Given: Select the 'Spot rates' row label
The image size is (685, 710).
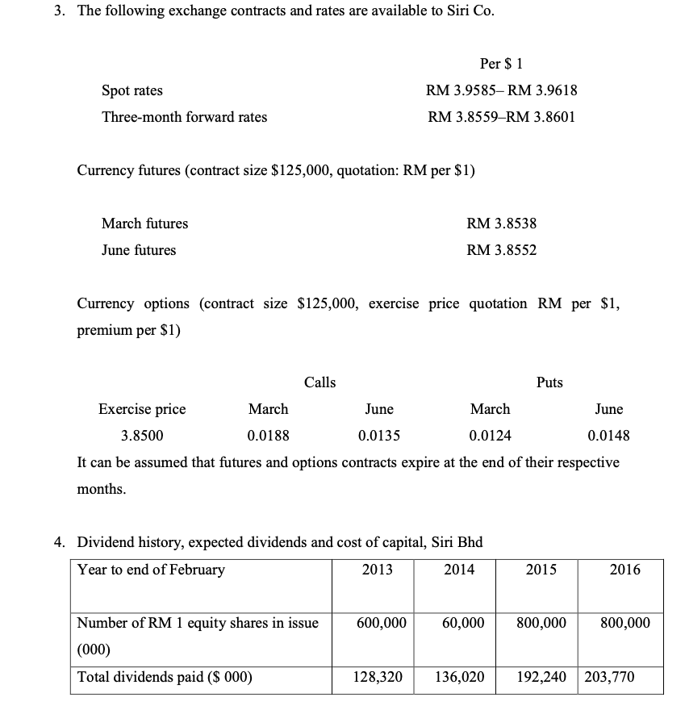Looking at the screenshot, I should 132,90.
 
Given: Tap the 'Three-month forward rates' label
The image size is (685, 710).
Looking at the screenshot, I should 184,117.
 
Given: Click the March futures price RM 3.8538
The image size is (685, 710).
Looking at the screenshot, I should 501,223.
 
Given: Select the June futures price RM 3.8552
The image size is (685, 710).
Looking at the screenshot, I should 501,250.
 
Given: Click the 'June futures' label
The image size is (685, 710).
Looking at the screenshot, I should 138,250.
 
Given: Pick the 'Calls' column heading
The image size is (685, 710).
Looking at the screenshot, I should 320,382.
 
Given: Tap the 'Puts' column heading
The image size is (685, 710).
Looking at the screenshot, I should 549,382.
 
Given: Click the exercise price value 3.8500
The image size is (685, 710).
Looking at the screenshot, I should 141,436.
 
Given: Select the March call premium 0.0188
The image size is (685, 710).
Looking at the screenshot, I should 268,436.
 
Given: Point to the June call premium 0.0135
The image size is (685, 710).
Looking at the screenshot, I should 379,436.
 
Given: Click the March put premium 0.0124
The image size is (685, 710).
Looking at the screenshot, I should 490,436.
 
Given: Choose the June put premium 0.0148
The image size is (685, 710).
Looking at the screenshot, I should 608,436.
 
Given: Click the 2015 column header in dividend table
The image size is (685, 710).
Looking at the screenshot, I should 541,570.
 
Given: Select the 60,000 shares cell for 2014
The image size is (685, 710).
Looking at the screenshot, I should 464,623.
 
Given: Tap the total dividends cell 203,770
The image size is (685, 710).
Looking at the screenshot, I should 608,677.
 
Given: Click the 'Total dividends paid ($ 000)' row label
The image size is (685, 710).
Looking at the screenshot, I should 165,677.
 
